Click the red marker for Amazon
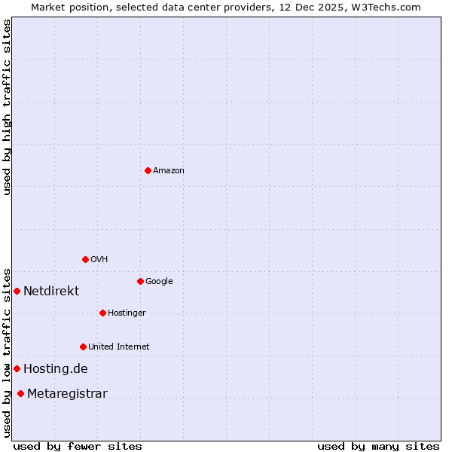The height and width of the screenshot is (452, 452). [148, 170]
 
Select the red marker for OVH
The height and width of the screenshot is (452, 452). [85, 259]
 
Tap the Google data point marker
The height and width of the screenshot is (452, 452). [140, 281]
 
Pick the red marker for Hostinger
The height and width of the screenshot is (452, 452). [102, 313]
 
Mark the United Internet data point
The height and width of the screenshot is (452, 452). [83, 347]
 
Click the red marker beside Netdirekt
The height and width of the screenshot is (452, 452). [17, 291]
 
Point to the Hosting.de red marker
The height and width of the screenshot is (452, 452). [17, 368]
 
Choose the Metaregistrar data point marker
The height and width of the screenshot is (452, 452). [20, 393]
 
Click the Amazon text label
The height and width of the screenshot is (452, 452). [169, 171]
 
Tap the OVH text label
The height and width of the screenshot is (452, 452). [99, 260]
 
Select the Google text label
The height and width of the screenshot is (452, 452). [159, 282]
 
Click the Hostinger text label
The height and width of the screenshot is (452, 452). [127, 313]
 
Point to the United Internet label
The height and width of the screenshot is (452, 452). [118, 347]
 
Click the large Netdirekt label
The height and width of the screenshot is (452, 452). [51, 292]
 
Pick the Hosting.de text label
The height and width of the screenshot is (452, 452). [56, 369]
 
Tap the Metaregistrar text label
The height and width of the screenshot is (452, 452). [67, 394]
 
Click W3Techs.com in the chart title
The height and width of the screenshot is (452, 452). [385, 7]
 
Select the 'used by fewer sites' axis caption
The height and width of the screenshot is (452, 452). [78, 446]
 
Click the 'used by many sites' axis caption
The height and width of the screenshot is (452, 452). [378, 446]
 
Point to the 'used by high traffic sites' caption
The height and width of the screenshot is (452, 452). [7, 107]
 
